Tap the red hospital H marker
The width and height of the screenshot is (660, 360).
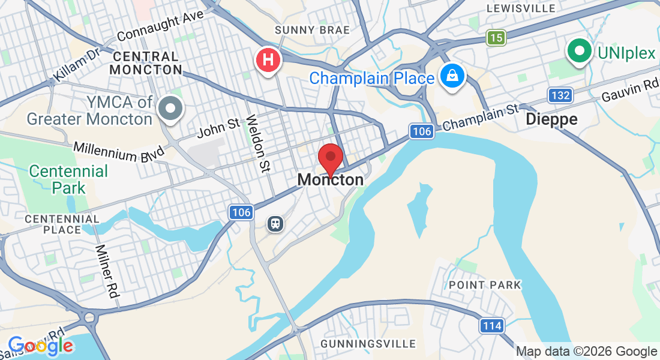(x=268, y=61)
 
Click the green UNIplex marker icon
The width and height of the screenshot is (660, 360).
(x=579, y=52)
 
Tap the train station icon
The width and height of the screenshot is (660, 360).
(x=275, y=223)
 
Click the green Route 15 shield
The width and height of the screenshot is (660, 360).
(x=496, y=38)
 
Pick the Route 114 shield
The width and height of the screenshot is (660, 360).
(x=491, y=326)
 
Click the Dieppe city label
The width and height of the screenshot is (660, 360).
(x=551, y=119)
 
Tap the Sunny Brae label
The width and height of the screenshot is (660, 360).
(x=304, y=30)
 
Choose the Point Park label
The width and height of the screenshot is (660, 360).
(x=485, y=285)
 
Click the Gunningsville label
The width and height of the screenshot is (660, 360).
(x=368, y=344)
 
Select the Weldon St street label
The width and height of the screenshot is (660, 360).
(x=256, y=143)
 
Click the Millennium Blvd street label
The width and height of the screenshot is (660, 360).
(x=119, y=151)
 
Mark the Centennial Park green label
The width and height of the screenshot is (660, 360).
(x=68, y=179)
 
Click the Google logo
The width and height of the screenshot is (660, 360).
(x=40, y=346)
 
